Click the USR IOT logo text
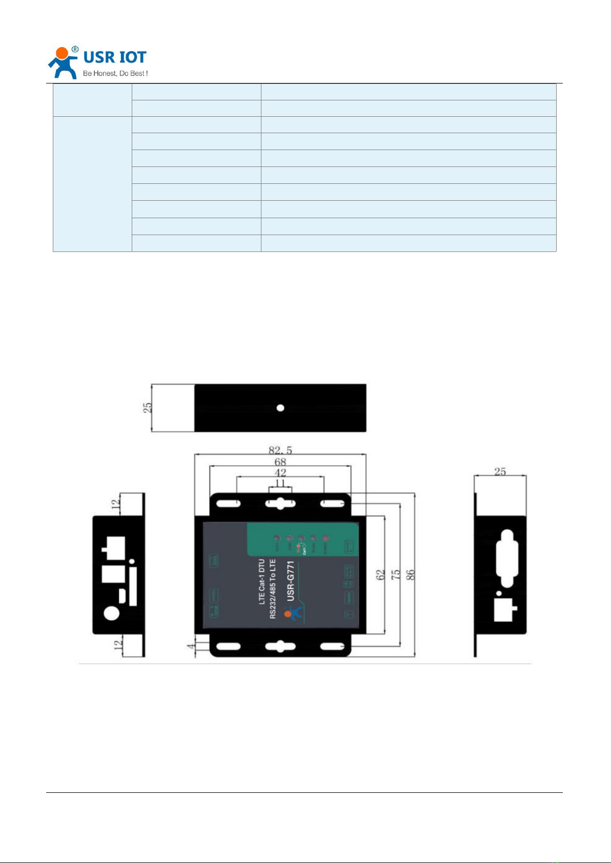point(115,57)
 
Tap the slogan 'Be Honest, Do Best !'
point(115,73)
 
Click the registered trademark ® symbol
point(75,50)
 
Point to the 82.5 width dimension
point(280,450)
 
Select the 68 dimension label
point(280,462)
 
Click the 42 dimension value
point(280,473)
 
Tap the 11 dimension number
point(280,483)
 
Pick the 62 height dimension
point(380,575)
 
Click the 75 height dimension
point(396,575)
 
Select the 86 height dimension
point(411,575)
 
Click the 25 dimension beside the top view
point(148,408)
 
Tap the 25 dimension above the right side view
point(500,472)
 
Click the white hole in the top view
point(280,408)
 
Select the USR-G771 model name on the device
point(291,581)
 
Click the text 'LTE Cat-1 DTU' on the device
point(262,582)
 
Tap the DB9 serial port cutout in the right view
point(506,558)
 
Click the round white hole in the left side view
point(112,613)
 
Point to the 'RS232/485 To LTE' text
point(273,589)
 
